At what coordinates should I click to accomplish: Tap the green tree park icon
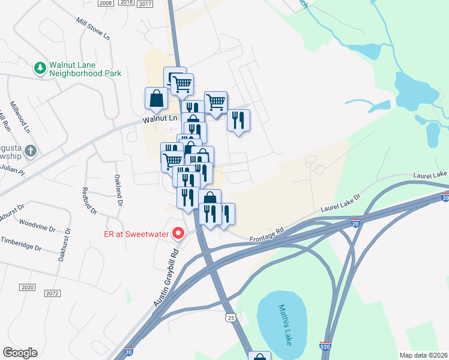pyautogui.click(x=41, y=68)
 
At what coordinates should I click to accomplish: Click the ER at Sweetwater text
pyautogui.click(x=136, y=233)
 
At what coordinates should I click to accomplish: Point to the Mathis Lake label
pyautogui.click(x=284, y=324)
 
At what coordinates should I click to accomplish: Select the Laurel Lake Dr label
pyautogui.click(x=340, y=203)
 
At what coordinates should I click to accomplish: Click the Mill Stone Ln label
pyautogui.click(x=94, y=29)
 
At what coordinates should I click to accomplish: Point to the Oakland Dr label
pyautogui.click(x=119, y=191)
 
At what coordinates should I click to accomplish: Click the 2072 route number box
pyautogui.click(x=52, y=293)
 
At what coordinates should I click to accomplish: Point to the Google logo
pyautogui.click(x=20, y=353)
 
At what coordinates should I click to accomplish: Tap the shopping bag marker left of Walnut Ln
pyautogui.click(x=156, y=98)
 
